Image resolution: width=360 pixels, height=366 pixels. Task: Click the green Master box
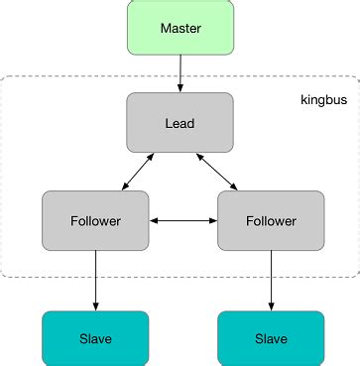click(x=180, y=27)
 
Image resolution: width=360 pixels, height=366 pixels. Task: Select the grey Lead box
click(x=180, y=122)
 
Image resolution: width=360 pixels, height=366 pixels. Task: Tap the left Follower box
click(x=95, y=220)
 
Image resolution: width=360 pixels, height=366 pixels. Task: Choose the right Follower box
click(x=270, y=220)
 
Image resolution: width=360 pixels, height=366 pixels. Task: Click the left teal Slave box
click(x=95, y=338)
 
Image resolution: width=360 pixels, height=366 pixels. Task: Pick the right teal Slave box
click(x=270, y=338)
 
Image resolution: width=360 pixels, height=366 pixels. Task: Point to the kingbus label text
click(x=322, y=102)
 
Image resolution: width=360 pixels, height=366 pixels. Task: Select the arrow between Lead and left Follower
click(x=138, y=172)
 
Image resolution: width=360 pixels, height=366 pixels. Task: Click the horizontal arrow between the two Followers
click(x=182, y=220)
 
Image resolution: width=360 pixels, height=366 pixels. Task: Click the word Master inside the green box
click(x=180, y=27)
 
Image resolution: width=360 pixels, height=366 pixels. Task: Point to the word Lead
click(x=180, y=122)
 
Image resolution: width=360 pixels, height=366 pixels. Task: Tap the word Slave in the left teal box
click(x=95, y=338)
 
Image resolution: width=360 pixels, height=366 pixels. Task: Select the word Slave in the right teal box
click(x=270, y=338)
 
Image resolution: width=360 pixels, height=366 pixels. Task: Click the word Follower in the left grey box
click(x=95, y=220)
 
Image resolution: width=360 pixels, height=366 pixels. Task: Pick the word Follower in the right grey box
click(x=270, y=220)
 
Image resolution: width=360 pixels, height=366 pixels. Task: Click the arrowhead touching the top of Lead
click(x=180, y=88)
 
